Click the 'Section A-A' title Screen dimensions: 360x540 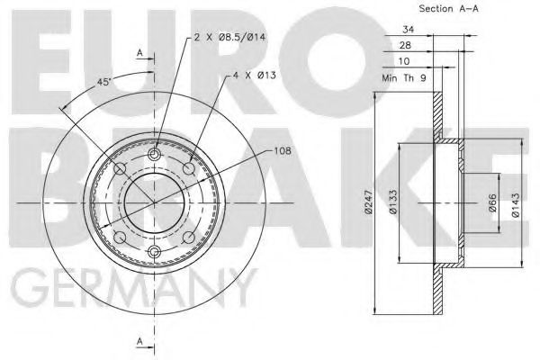click(x=424, y=8)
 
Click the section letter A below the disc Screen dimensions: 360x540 click(x=139, y=340)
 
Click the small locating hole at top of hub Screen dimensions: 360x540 click(x=154, y=157)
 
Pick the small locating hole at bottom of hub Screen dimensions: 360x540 click(x=154, y=251)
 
